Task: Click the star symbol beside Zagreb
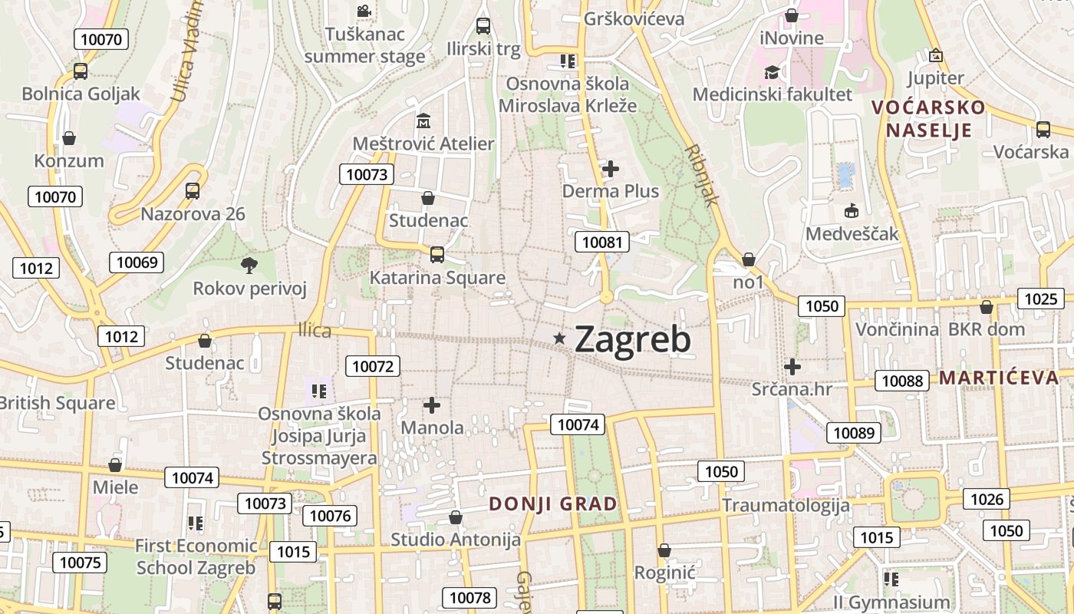(x=561, y=338)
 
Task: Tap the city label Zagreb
(x=633, y=339)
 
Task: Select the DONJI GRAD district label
(x=553, y=504)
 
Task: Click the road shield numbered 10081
(x=602, y=243)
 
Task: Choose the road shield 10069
(x=137, y=262)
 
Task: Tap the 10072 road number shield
(x=373, y=366)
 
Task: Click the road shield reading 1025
(x=1040, y=299)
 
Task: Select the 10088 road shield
(x=902, y=381)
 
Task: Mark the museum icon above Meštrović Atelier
(x=423, y=121)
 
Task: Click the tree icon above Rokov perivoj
(x=249, y=266)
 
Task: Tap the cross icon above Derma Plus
(x=611, y=168)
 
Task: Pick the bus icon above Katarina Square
(x=437, y=254)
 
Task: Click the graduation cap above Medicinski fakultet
(x=772, y=72)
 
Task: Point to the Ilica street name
(x=315, y=331)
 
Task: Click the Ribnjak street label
(x=702, y=175)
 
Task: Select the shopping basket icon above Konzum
(x=69, y=138)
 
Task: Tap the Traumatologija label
(x=786, y=505)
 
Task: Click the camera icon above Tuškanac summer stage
(x=364, y=12)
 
